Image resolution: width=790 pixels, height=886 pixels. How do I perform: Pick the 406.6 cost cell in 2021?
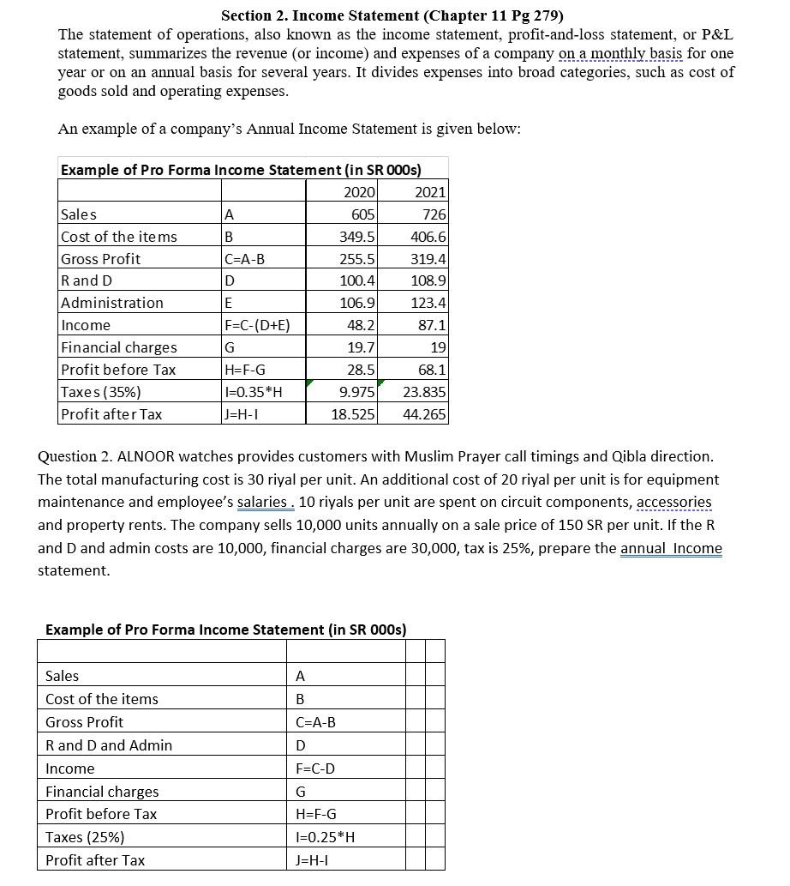[x=428, y=236]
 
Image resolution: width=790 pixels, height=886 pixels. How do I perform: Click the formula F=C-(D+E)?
[x=256, y=325]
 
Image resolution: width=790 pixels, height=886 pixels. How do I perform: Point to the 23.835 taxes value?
[x=424, y=392]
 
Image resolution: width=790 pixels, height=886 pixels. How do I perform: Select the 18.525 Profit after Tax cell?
[x=354, y=414]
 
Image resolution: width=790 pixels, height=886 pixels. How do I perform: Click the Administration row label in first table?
[x=112, y=303]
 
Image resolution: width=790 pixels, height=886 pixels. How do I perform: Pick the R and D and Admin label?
[x=109, y=745]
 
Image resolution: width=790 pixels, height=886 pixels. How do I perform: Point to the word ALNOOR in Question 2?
[x=142, y=457]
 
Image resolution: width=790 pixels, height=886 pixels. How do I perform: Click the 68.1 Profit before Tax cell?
[x=431, y=370]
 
